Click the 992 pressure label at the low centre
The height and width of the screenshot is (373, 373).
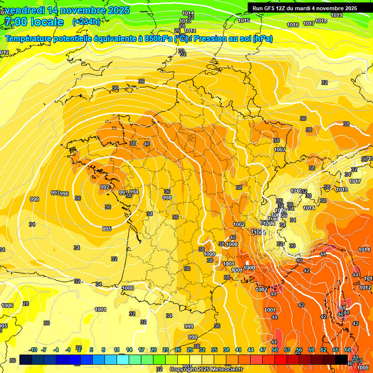click(105, 187)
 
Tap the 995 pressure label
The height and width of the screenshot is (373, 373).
click(107, 229)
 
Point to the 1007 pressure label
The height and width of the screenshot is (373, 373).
click(280, 150)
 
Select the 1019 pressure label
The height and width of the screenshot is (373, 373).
click(337, 15)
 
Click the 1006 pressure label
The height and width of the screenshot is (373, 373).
click(7, 305)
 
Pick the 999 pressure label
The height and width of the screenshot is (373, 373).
click(189, 326)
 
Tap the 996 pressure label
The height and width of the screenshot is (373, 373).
click(64, 194)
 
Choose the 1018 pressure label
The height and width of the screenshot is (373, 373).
click(321, 21)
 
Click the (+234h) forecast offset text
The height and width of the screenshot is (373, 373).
click(86, 21)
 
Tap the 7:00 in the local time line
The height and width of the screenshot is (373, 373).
click(15, 22)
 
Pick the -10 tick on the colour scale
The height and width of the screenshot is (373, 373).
click(33, 350)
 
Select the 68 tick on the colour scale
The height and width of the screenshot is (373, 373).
click(348, 350)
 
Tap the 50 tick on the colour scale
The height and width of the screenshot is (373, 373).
click(275, 350)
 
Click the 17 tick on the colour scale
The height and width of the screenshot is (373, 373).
click(141, 350)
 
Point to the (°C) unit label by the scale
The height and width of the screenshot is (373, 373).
click(357, 360)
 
